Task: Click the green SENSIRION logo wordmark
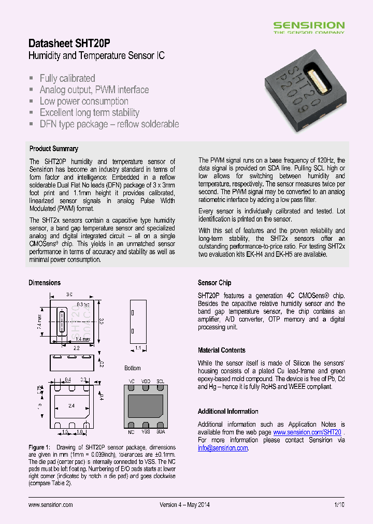[x=308, y=25]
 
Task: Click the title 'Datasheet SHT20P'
[x=69, y=43]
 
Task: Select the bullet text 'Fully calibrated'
[x=67, y=78]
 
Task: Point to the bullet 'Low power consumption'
[x=84, y=101]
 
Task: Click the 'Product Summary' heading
[x=54, y=149]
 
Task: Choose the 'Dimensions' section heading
[x=45, y=283]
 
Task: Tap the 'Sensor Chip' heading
[x=214, y=283]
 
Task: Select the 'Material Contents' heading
[x=222, y=350]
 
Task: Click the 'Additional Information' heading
[x=228, y=411]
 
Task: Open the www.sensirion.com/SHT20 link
[x=307, y=432]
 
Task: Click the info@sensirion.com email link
[x=223, y=448]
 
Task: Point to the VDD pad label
[x=146, y=382]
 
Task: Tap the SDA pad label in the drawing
[x=161, y=431]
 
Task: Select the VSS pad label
[x=146, y=431]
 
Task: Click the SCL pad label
[x=161, y=382]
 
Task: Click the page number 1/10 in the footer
[x=339, y=504]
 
